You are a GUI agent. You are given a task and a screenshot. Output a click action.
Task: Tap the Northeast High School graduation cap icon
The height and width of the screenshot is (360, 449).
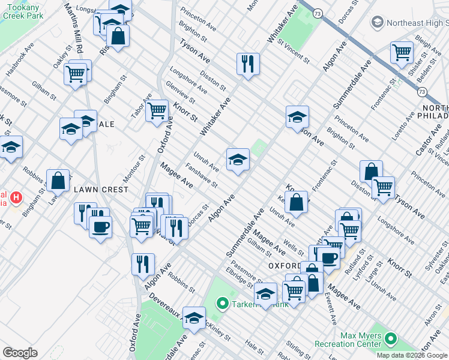click(378, 23)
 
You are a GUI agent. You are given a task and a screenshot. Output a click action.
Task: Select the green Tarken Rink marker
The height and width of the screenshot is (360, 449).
click(222, 304)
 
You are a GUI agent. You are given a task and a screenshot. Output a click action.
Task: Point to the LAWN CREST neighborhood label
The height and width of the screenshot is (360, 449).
click(101, 190)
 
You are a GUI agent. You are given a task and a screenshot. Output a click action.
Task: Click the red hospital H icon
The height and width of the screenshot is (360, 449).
click(16, 197)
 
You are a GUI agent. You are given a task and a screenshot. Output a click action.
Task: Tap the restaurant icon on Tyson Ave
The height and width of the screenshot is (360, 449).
click(248, 63)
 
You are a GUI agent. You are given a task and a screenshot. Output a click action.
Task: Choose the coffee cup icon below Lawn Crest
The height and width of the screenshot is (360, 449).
click(100, 227)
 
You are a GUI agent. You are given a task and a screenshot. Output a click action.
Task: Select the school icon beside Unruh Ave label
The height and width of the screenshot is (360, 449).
click(238, 160)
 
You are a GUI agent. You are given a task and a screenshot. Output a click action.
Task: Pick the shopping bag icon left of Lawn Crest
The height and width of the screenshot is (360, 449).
click(58, 180)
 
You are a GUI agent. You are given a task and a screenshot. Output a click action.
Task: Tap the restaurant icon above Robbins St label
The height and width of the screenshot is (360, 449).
click(143, 263)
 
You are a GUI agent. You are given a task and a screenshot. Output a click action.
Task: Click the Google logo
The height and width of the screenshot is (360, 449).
click(20, 353)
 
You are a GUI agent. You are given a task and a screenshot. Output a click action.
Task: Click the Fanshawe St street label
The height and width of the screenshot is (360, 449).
click(200, 175)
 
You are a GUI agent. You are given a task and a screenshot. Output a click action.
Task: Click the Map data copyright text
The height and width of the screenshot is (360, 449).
click(411, 355)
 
